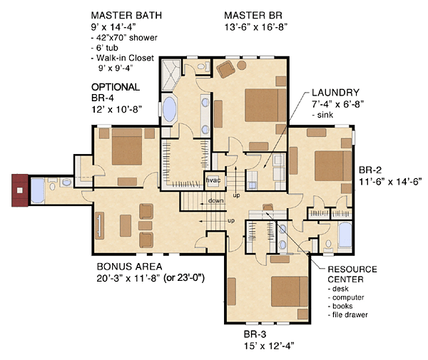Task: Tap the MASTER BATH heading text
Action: (x=126, y=15)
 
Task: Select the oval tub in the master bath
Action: (x=170, y=109)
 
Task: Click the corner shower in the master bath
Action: (x=171, y=75)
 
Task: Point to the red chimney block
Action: (x=20, y=190)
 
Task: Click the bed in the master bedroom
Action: (x=265, y=105)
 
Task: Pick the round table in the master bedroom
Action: (x=242, y=65)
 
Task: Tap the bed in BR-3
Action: (x=290, y=292)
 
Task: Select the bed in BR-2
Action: (x=333, y=166)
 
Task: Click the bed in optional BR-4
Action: (x=127, y=147)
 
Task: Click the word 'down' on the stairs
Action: (x=215, y=201)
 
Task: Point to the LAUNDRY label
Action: (x=335, y=93)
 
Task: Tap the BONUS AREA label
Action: (x=130, y=267)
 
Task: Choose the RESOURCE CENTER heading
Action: (x=352, y=274)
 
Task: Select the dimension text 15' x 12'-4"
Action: (x=269, y=346)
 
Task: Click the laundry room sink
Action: (x=253, y=185)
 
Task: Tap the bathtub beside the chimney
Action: (x=37, y=190)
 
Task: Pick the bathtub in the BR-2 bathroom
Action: (x=345, y=235)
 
